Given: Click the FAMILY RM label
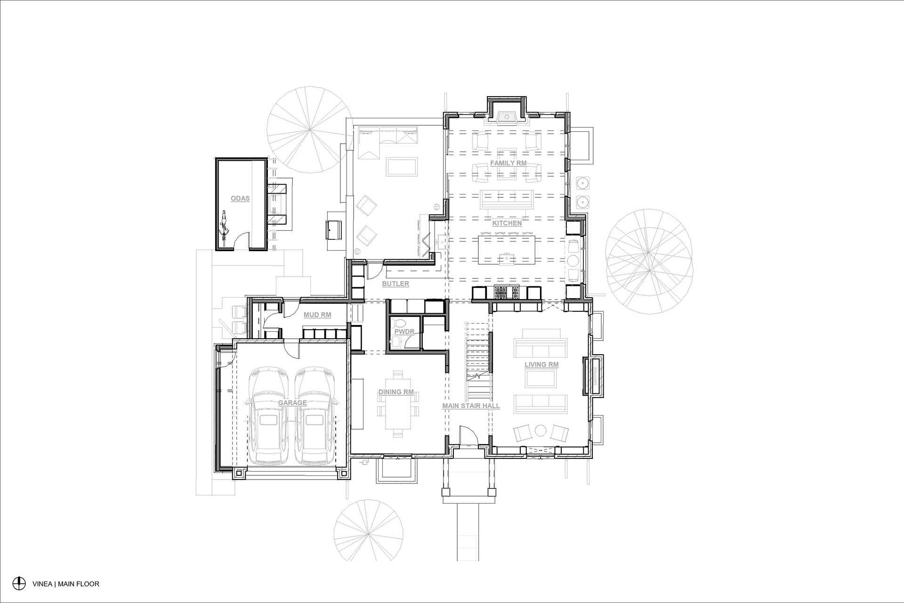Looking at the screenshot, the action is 508,163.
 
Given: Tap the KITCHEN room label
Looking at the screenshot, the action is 507,223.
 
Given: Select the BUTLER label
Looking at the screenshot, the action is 395,284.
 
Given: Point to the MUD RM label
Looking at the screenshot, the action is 317,315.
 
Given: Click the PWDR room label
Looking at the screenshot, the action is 404,332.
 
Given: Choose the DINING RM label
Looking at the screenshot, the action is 396,392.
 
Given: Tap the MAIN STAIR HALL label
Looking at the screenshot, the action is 471,406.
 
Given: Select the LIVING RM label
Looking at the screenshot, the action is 541,365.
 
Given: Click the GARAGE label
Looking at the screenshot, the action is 292,403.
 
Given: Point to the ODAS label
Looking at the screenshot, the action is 240,199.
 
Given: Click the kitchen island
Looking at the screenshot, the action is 507,251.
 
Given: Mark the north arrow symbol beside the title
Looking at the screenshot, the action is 19,583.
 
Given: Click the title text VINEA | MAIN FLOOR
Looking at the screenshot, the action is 66,584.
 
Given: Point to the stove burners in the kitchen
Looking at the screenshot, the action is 506,293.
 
